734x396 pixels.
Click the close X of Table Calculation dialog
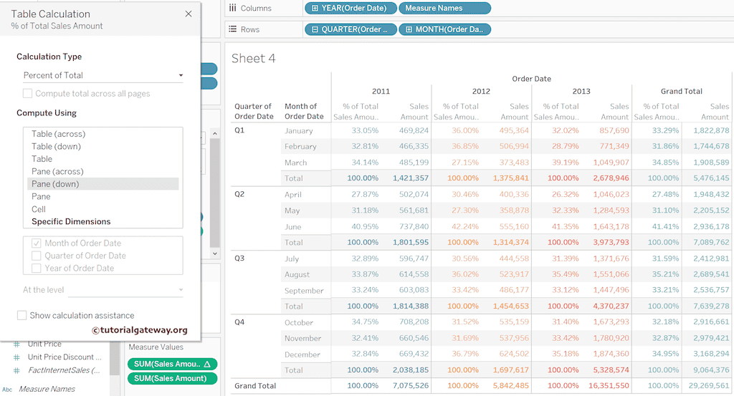point(189,14)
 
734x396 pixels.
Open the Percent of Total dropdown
point(103,75)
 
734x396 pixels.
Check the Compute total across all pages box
point(28,94)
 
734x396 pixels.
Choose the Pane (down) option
point(55,184)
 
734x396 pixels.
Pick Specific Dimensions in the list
point(71,221)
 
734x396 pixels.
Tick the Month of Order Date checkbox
point(37,243)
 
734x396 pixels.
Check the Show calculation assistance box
point(22,315)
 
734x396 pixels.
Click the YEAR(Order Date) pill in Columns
point(350,8)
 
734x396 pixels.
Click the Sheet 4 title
point(254,59)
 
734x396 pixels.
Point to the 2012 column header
point(481,91)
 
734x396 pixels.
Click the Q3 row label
point(240,258)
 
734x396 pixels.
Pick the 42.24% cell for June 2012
point(465,226)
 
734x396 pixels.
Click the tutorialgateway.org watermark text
point(140,330)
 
